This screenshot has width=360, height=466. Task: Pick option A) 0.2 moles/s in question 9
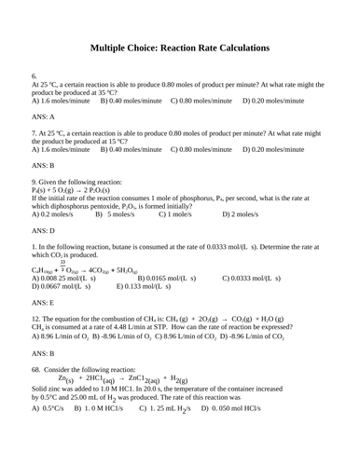pos(57,213)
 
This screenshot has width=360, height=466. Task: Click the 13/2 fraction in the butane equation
pos(63,267)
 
